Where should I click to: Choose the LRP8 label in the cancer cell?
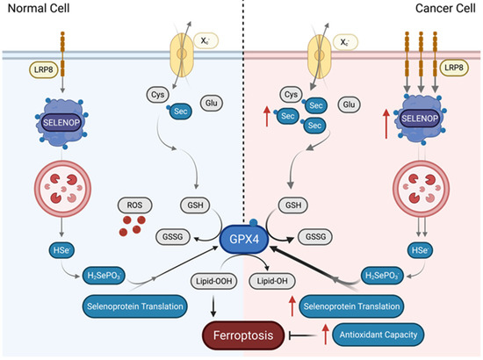454,69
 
